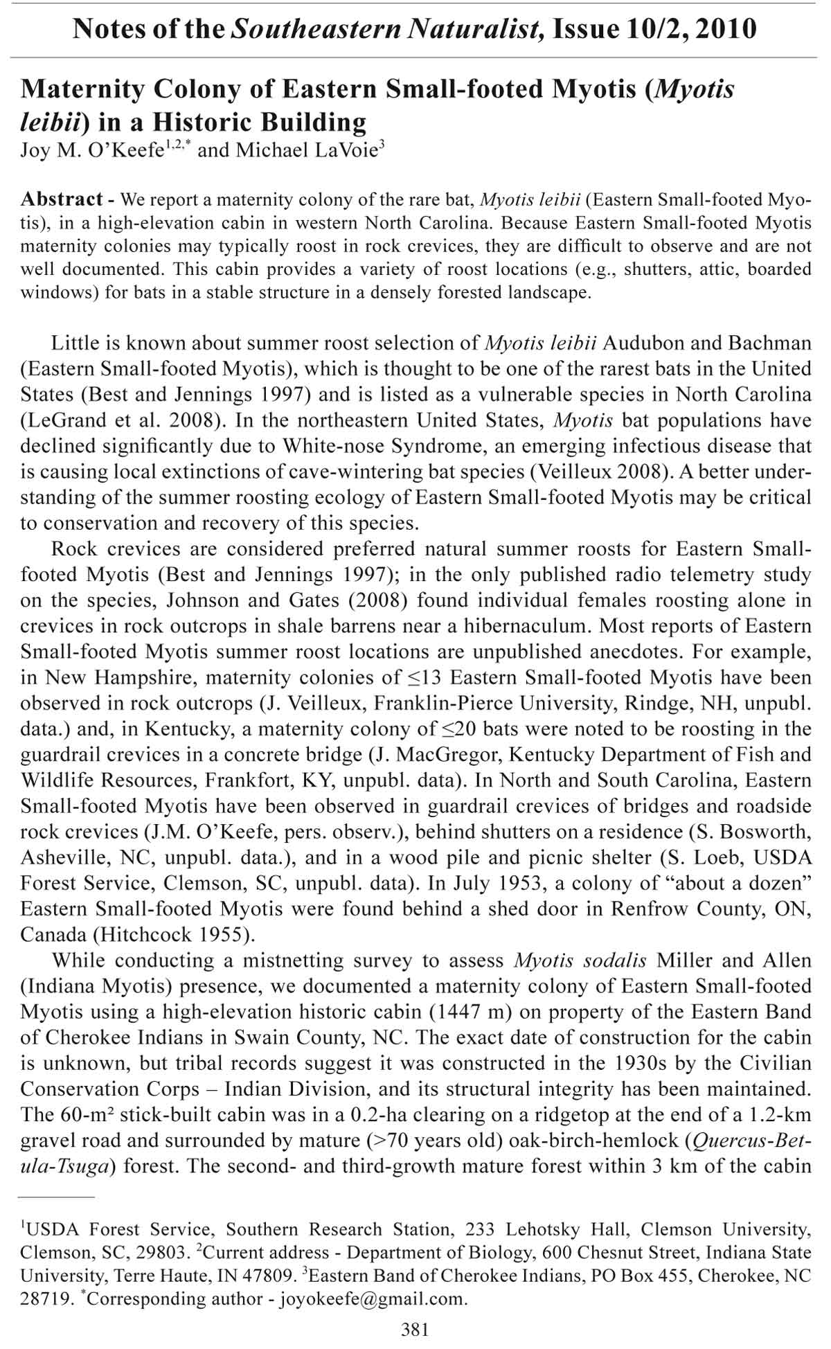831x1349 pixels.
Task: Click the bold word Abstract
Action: (62, 199)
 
